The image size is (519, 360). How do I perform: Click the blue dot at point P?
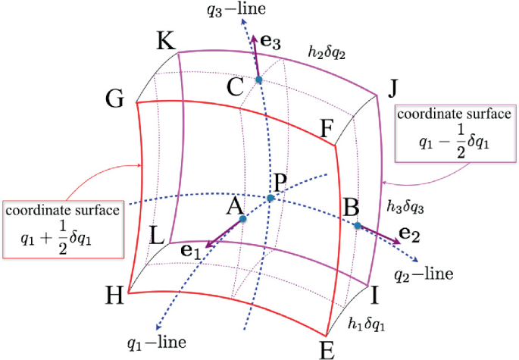click(x=270, y=198)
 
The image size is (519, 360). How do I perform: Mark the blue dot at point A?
click(x=242, y=219)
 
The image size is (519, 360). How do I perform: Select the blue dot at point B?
click(x=357, y=225)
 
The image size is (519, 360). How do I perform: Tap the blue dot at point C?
click(x=258, y=80)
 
